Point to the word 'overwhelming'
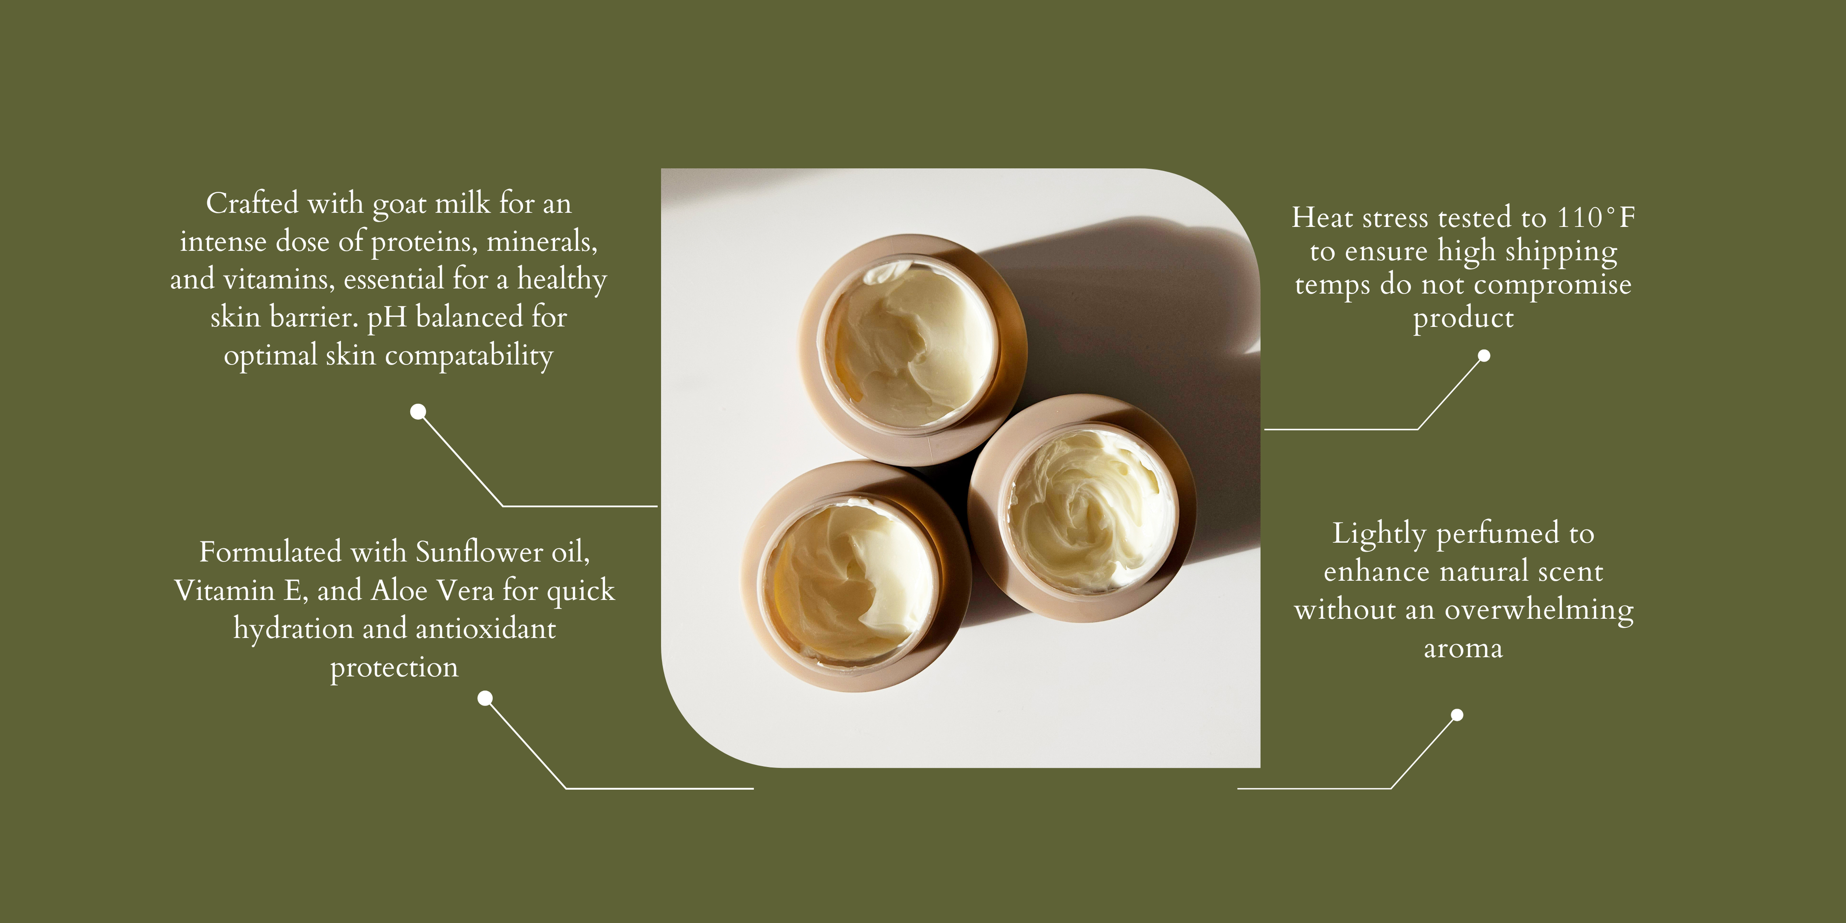[1539, 611]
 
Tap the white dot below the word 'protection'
[485, 698]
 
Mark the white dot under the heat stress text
[1484, 355]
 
